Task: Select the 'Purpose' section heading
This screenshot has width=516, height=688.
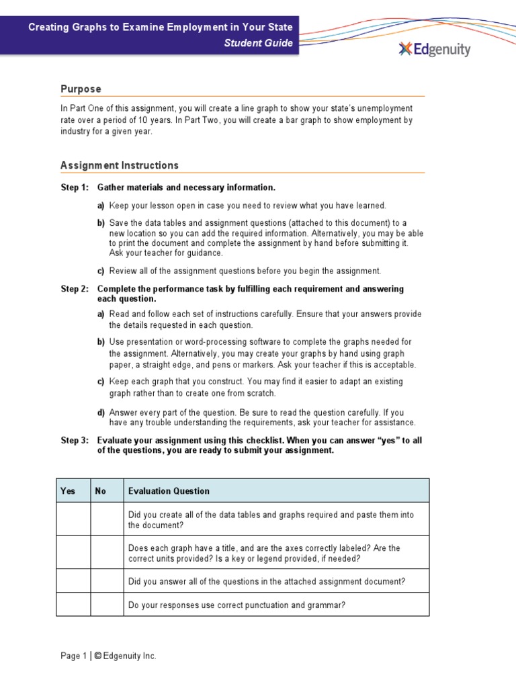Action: pyautogui.click(x=81, y=89)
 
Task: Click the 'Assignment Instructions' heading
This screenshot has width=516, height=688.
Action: pyautogui.click(x=120, y=165)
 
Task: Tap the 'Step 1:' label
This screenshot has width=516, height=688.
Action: pyautogui.click(x=75, y=187)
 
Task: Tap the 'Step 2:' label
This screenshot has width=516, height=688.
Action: pyautogui.click(x=75, y=289)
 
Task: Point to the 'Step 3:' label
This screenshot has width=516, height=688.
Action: pyautogui.click(x=75, y=440)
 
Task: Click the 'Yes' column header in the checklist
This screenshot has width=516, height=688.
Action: pyautogui.click(x=68, y=491)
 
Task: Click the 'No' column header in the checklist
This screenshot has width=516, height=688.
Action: pyautogui.click(x=101, y=491)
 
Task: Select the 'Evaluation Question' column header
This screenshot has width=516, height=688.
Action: pyautogui.click(x=169, y=491)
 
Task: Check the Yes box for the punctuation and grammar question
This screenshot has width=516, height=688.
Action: pyautogui.click(x=73, y=605)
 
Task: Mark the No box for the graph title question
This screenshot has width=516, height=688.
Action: pyautogui.click(x=107, y=553)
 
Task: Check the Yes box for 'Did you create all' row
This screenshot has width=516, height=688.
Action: pyautogui.click(x=73, y=519)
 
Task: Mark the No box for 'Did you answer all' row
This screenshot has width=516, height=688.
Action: pyautogui.click(x=107, y=581)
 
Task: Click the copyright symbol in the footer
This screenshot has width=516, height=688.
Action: pyautogui.click(x=97, y=656)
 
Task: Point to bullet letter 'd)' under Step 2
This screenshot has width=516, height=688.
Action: pyautogui.click(x=101, y=412)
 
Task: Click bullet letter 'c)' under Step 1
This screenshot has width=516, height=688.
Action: pyautogui.click(x=101, y=271)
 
